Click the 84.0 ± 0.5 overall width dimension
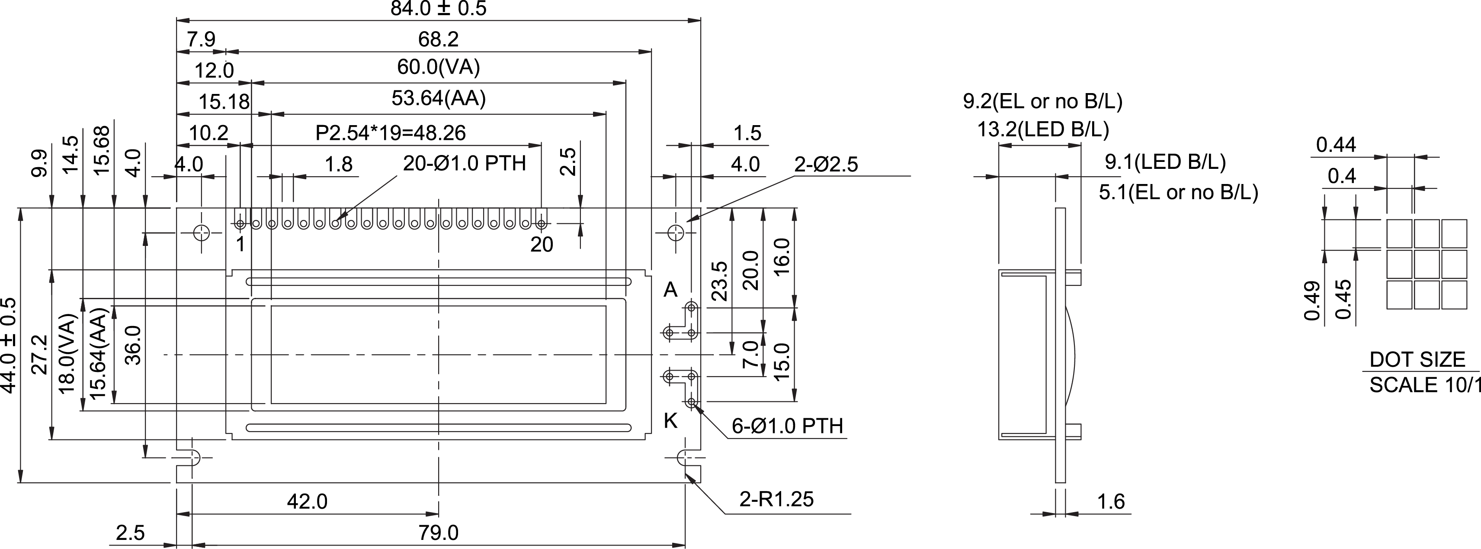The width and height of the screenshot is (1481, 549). click(438, 9)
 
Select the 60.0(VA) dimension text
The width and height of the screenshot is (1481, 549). click(438, 68)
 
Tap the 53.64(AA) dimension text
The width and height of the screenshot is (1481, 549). click(438, 98)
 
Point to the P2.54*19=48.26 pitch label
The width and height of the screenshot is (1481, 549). click(391, 133)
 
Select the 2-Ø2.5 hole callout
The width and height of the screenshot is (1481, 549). click(826, 165)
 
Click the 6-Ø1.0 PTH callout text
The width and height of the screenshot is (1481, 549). click(787, 426)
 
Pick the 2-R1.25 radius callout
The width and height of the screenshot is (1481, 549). click(776, 499)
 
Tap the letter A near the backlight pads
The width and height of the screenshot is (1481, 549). click(670, 290)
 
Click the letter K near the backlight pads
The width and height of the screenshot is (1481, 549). click(670, 421)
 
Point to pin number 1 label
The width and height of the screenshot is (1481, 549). click(240, 245)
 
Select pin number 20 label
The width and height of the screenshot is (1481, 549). click(541, 245)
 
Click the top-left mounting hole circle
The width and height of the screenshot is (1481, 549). click(201, 233)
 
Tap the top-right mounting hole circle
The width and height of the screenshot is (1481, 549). click(676, 233)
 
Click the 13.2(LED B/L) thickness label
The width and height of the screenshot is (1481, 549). click(1043, 129)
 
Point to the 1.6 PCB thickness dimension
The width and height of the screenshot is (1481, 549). click(1110, 502)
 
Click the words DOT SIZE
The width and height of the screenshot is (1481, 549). click(1417, 360)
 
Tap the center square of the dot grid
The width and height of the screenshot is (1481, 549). click(1427, 264)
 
